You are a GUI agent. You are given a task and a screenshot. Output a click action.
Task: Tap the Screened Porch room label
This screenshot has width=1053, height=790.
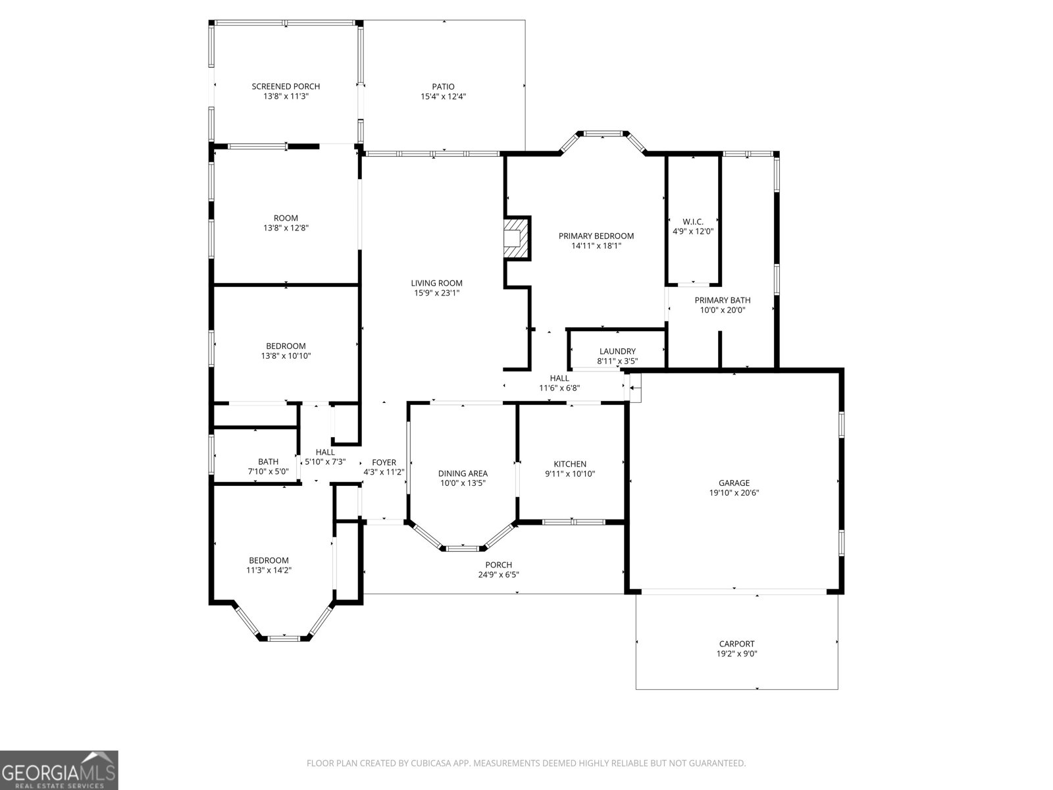point(286,86)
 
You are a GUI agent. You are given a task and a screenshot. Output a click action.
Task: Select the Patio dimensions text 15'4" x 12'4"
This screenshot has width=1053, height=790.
point(444,97)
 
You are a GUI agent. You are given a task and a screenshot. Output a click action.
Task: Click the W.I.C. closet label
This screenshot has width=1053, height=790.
point(692,222)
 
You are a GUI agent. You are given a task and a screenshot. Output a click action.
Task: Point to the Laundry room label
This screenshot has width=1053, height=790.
point(617,352)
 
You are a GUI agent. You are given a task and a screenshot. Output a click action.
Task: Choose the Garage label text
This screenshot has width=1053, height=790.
point(734,483)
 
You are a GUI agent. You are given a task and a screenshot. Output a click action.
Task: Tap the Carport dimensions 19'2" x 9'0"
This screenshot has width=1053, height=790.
point(736,654)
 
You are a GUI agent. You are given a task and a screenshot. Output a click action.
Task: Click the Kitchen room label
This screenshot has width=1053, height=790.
point(570,464)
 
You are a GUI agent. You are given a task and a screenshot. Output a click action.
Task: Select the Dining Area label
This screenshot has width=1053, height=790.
point(463,473)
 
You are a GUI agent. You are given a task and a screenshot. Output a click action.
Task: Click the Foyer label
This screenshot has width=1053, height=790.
point(384,462)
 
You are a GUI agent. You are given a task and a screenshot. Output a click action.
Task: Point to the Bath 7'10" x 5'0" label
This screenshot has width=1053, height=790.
point(268,466)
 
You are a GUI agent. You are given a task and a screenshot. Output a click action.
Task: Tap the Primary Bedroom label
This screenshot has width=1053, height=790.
point(596,236)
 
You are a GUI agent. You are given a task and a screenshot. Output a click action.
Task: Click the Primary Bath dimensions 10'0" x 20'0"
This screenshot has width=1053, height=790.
point(722,310)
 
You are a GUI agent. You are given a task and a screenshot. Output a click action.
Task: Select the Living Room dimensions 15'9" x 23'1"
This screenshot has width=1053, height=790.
point(437,294)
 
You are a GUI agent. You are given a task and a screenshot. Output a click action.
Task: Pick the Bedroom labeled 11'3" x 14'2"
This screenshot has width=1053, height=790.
point(269,565)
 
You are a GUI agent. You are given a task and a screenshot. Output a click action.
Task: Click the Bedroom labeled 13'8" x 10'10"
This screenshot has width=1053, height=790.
point(286,351)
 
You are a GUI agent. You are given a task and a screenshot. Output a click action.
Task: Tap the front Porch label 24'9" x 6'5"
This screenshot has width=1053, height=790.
point(498,569)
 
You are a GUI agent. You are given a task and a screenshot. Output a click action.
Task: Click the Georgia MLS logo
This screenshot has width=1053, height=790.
point(59,770)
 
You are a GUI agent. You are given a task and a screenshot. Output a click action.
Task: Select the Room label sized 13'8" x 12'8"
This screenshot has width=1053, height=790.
point(286,223)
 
